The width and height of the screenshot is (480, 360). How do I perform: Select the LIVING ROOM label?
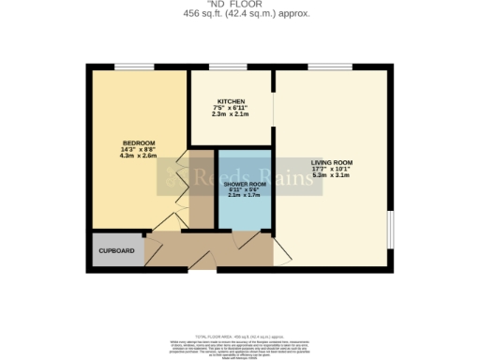point(332,161)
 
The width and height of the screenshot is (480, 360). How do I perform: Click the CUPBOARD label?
point(117,251)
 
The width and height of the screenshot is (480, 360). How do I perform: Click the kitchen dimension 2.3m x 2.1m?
point(231,114)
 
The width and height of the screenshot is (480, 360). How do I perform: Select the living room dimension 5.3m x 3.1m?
point(332,174)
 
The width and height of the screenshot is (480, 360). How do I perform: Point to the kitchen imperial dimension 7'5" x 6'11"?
point(231,108)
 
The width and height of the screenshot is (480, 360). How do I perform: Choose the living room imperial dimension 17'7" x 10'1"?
point(332,168)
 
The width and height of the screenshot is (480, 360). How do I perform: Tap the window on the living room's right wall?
point(388,231)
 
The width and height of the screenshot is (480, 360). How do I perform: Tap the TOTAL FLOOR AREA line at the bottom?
point(240,335)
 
